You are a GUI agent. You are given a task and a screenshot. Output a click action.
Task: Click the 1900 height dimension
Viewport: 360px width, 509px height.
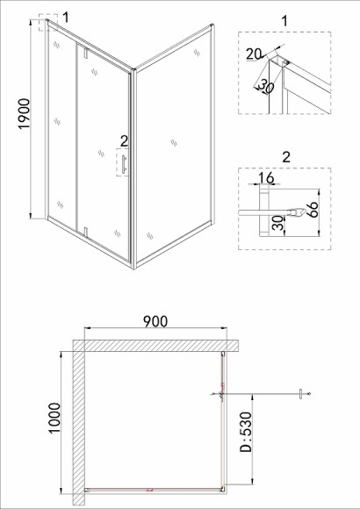[x=25, y=114]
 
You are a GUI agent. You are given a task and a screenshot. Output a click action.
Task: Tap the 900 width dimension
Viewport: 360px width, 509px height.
[x=155, y=321]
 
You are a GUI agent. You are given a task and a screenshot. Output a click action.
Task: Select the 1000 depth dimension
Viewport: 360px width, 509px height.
[x=54, y=418]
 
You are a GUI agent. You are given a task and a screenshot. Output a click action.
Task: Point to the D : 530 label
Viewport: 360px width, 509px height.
[x=246, y=432]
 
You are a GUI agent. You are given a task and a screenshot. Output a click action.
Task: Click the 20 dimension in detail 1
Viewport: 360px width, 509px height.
[x=253, y=54]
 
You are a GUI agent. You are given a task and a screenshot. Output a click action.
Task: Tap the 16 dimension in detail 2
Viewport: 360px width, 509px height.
[x=266, y=178]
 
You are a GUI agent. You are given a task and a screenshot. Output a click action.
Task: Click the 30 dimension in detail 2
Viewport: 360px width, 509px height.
[x=278, y=223]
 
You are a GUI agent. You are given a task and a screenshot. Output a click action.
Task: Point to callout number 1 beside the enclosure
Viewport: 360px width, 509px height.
[x=66, y=18]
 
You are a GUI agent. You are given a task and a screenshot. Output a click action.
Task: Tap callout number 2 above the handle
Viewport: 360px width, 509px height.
[x=124, y=141]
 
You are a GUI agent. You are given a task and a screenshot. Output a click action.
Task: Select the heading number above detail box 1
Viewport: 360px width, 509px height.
[x=284, y=21]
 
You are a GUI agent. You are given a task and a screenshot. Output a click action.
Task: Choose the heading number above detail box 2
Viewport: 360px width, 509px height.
[x=286, y=157]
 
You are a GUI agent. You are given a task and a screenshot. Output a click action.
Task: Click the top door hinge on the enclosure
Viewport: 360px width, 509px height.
[x=86, y=53]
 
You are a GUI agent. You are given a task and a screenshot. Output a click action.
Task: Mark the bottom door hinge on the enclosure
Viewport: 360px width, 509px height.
[x=86, y=232]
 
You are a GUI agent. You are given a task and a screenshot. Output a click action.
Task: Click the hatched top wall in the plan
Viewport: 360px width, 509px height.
[x=155, y=346]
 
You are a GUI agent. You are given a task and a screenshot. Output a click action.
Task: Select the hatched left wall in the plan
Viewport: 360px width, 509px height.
[x=79, y=422]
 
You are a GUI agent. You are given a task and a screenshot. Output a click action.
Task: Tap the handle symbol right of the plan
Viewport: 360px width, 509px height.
[x=301, y=394]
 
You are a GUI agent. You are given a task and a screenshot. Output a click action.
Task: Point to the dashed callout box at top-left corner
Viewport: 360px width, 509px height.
[x=48, y=23]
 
